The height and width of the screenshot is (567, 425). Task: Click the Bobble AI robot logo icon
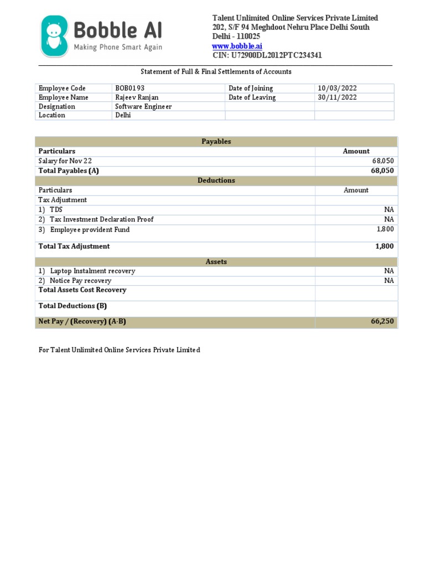(54, 36)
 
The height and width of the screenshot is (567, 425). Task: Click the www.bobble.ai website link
(237, 46)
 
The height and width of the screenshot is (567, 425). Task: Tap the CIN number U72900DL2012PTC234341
(267, 55)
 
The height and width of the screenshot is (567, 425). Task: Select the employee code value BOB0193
(129, 89)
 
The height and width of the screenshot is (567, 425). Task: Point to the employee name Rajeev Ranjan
(137, 97)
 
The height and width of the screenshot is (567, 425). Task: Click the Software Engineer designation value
(143, 106)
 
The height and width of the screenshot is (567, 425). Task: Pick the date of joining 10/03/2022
(338, 89)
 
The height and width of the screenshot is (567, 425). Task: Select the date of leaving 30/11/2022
(338, 97)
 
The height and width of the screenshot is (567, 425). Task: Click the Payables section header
(216, 142)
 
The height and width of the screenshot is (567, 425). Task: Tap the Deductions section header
(216, 181)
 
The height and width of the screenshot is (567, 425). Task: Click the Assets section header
(216, 262)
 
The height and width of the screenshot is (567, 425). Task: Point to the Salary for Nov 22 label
(65, 161)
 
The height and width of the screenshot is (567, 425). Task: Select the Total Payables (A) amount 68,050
(382, 171)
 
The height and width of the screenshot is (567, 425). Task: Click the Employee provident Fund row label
(90, 230)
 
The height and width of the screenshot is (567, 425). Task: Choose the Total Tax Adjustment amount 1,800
(384, 246)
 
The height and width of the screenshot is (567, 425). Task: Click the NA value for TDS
(388, 210)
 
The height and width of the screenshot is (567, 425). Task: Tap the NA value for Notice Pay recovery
(388, 281)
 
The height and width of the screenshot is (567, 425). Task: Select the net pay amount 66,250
(382, 322)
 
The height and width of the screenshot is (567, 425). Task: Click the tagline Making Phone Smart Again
(118, 48)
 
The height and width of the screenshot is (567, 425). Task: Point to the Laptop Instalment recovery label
(92, 271)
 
